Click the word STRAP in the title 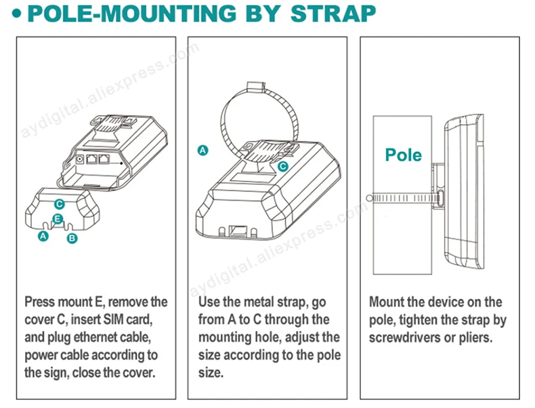tap(333, 14)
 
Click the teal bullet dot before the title tap(16, 14)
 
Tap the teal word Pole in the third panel tap(404, 155)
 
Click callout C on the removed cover tap(60, 204)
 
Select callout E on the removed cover tap(58, 219)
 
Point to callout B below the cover tap(72, 238)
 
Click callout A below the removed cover tap(43, 236)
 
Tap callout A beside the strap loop tap(203, 150)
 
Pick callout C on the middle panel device tap(283, 166)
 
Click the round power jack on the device tap(80, 159)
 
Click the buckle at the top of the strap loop tap(256, 87)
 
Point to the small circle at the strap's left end tap(369, 198)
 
